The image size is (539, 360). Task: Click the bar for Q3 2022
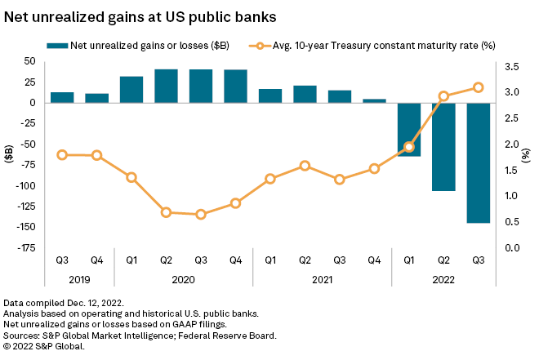(x=478, y=162)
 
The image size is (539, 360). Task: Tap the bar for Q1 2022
(x=409, y=129)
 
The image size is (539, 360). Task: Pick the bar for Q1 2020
(x=131, y=90)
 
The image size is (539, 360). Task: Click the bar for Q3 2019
(x=62, y=97)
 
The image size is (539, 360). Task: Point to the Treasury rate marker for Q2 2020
(x=166, y=212)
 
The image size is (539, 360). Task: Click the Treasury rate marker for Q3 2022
(x=478, y=87)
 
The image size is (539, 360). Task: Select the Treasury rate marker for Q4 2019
(x=96, y=155)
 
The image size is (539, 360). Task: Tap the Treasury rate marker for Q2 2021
(x=305, y=166)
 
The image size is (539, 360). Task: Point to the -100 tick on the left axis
(x=29, y=185)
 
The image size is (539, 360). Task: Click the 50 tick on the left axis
(x=33, y=61)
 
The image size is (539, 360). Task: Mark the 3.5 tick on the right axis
(x=512, y=61)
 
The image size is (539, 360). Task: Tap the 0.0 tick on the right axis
(x=512, y=247)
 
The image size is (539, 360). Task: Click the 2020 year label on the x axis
(x=183, y=278)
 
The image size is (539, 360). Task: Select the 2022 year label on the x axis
(x=443, y=278)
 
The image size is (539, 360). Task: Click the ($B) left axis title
(x=9, y=154)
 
